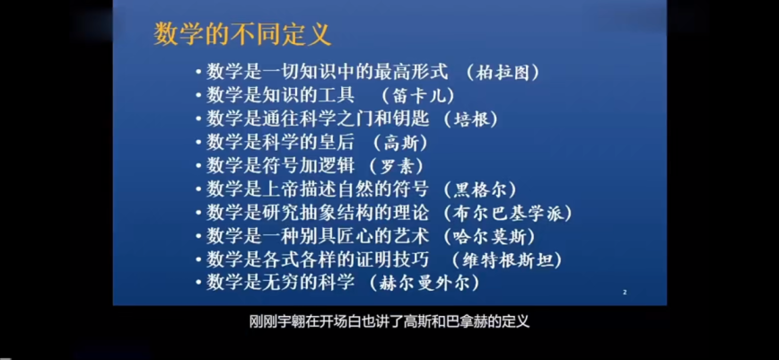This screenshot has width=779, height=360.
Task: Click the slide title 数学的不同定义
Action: pos(242,35)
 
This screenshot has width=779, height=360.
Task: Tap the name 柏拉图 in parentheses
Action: pos(503,73)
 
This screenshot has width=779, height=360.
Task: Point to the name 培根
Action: pos(471,119)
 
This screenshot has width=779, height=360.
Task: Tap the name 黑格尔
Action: pos(480,190)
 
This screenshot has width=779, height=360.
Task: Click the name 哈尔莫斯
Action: pos(489,237)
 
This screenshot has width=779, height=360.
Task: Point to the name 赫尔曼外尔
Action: pos(425,284)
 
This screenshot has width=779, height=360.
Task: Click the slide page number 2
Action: pos(625,293)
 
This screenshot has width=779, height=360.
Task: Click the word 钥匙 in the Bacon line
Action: pos(410,119)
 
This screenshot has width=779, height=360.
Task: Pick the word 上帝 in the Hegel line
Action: pos(280,189)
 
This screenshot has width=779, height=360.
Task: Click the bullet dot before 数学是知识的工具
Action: pos(198,96)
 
